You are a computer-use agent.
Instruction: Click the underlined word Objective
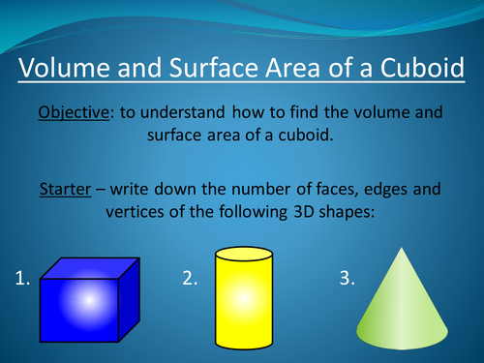(x=74, y=113)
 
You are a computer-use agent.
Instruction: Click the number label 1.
(x=24, y=279)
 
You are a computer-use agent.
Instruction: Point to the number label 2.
(x=190, y=279)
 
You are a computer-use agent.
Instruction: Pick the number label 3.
(x=346, y=279)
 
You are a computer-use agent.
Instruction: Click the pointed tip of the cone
(x=404, y=248)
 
